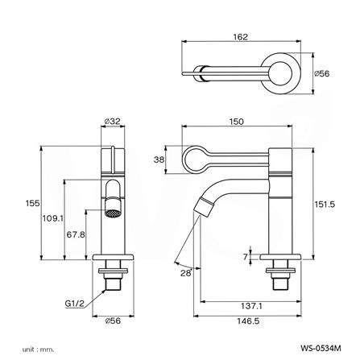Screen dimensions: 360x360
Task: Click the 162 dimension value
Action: [241, 37]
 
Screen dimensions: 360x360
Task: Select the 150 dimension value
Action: [237, 122]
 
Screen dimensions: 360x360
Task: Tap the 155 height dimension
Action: [32, 203]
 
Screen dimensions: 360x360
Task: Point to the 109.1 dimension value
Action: [53, 218]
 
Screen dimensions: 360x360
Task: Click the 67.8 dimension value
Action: [76, 234]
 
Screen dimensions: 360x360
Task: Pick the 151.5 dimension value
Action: [325, 205]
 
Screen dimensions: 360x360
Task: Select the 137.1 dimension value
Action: [251, 306]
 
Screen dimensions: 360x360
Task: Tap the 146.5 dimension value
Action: [248, 321]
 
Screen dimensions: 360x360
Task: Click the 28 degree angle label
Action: [186, 273]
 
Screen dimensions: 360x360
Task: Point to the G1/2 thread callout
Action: [75, 304]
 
